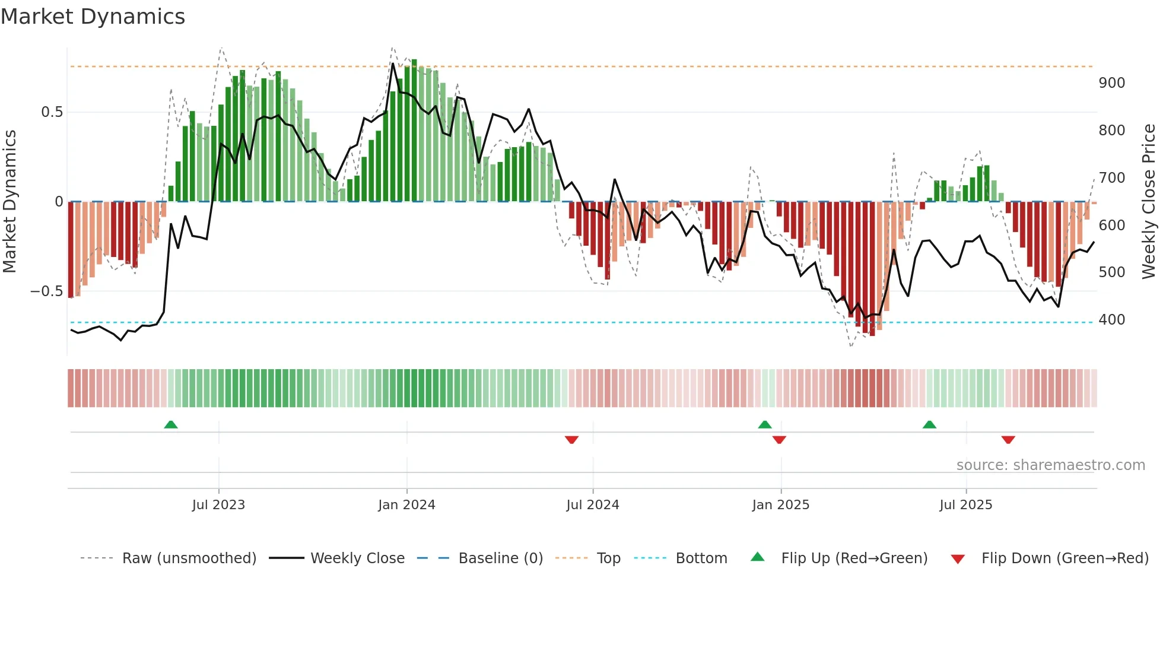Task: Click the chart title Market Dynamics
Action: click(93, 17)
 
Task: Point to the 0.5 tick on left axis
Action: click(52, 112)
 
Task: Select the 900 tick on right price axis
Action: click(1111, 83)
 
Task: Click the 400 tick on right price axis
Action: click(1111, 320)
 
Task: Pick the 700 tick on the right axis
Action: click(1111, 178)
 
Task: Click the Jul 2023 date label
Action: click(218, 505)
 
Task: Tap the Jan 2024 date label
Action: click(406, 505)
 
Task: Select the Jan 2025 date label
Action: click(780, 505)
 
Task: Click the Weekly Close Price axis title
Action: click(1149, 202)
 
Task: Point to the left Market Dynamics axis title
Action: click(9, 202)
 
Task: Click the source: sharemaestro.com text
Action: click(1050, 465)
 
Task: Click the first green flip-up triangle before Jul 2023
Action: click(171, 424)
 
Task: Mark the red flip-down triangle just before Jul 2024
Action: click(571, 440)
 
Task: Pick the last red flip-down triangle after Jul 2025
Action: click(1008, 440)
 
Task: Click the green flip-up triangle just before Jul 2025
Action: click(929, 424)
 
